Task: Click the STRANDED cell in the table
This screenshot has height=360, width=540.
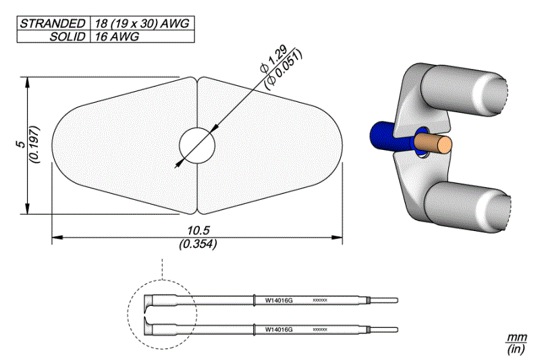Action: pyautogui.click(x=52, y=23)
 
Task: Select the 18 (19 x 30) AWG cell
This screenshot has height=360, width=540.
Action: pyautogui.click(x=142, y=23)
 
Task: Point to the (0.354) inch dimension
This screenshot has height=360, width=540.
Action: pyautogui.click(x=197, y=245)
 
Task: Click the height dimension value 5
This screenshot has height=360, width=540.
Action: pyautogui.click(x=21, y=145)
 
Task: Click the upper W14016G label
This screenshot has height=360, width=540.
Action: pyautogui.click(x=279, y=299)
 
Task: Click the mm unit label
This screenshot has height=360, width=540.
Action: pyautogui.click(x=516, y=336)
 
